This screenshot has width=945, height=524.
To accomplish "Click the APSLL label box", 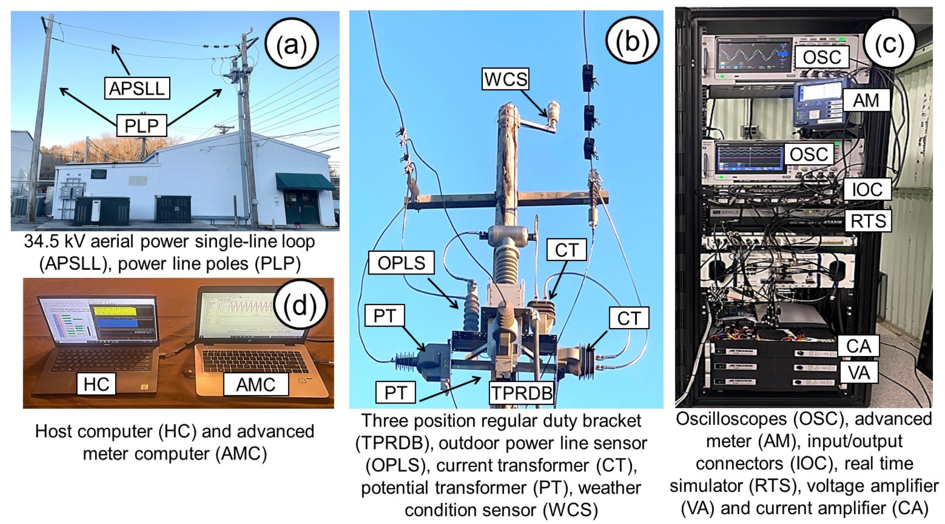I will coord(137,88).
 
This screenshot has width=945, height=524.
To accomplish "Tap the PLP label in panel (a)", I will coord(142,126).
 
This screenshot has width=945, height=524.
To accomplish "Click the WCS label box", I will coord(505,79).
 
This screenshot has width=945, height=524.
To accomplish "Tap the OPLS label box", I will coord(401,263).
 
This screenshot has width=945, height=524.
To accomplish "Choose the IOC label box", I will coord(867,189).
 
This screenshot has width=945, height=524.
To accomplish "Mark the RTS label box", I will coord(868,221).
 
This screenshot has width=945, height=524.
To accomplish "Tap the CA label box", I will coord(858,346).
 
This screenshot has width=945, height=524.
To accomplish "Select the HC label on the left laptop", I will coord(96,384).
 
